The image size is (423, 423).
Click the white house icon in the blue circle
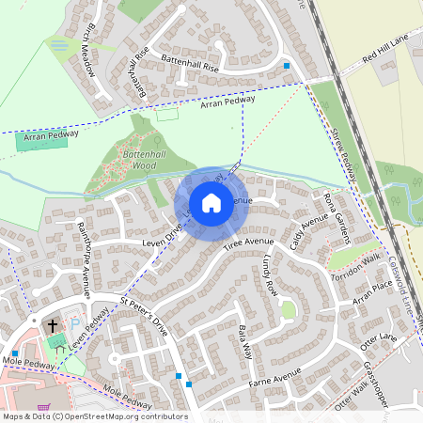(x=211, y=203)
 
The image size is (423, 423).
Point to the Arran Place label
(x=372, y=291)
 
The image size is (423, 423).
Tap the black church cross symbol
(x=52, y=325)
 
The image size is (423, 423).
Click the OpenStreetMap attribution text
(x=95, y=415)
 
